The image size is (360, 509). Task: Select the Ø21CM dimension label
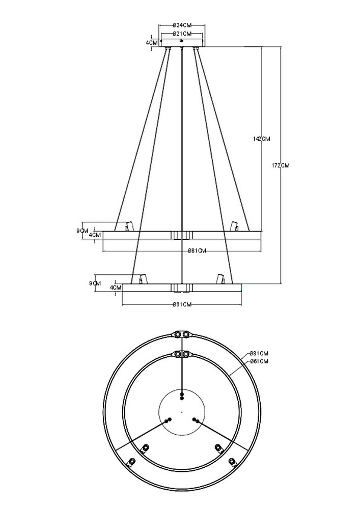[182, 34]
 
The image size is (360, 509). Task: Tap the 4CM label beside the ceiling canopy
[151, 43]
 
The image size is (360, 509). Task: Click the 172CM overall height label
[281, 165]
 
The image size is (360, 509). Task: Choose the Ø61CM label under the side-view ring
[182, 304]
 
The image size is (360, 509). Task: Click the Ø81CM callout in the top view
[259, 353]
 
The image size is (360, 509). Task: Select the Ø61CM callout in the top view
[259, 361]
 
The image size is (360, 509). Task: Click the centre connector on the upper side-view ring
[182, 235]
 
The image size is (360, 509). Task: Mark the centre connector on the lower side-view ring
[182, 288]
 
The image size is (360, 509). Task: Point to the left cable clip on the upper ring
[129, 225]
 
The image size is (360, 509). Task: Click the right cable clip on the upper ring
[235, 225]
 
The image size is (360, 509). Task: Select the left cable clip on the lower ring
[143, 279]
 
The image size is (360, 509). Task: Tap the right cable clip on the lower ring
[221, 279]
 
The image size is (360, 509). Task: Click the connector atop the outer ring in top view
[182, 334]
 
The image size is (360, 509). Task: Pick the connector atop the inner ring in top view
[182, 354]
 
